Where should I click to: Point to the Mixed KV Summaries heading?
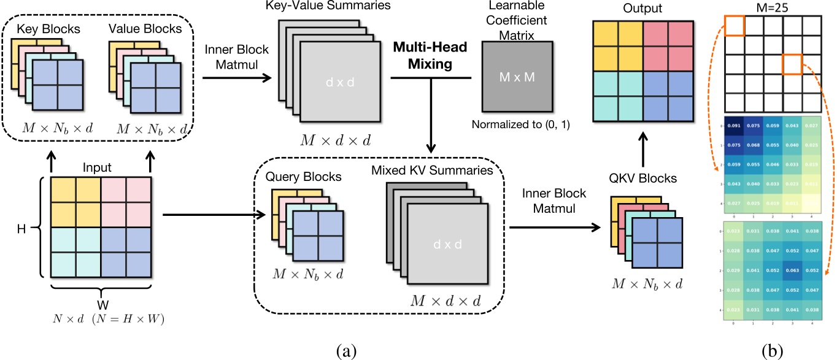click(x=432, y=170)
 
